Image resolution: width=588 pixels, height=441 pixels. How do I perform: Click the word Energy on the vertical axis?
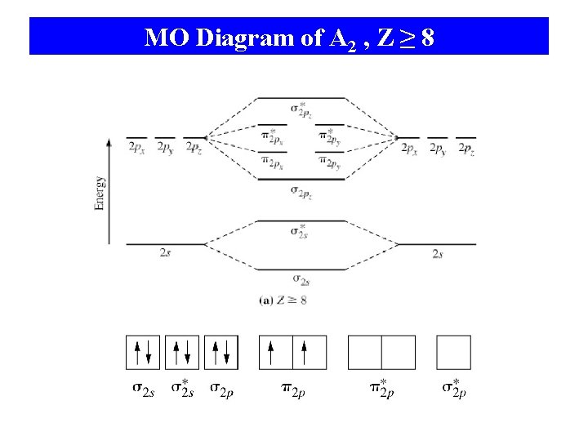(x=100, y=193)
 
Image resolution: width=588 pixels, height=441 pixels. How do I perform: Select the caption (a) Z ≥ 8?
(x=283, y=300)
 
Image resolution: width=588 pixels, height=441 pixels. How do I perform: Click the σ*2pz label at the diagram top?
(x=300, y=109)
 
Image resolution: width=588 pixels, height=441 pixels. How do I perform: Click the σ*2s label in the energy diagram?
(x=299, y=230)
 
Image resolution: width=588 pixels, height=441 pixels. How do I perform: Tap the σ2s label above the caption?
(x=300, y=280)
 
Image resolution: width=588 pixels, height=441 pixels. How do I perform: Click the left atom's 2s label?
(x=166, y=254)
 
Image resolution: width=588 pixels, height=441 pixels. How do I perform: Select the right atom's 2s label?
(x=438, y=254)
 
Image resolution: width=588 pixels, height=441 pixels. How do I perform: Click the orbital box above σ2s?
(x=143, y=352)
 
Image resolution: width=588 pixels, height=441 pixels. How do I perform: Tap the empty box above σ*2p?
(x=453, y=352)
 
